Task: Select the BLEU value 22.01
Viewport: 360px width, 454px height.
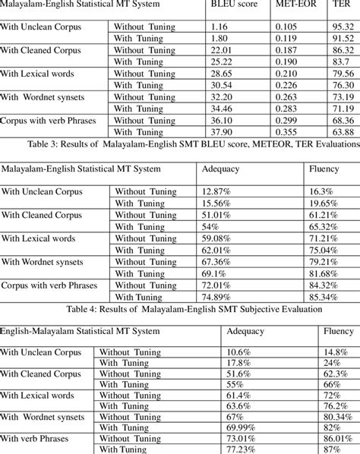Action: pos(225,49)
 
